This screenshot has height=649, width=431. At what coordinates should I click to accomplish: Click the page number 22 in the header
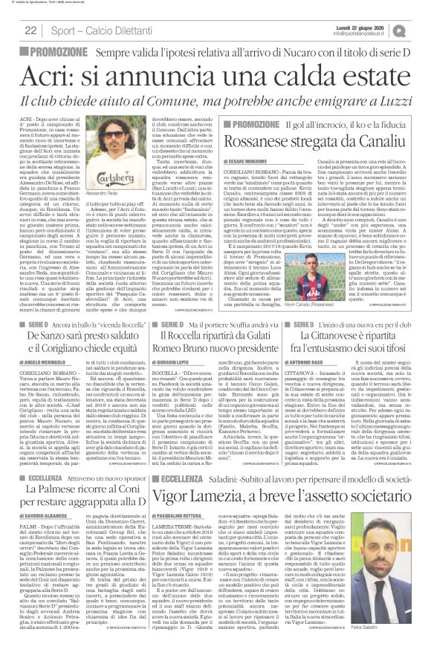coord(31,30)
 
